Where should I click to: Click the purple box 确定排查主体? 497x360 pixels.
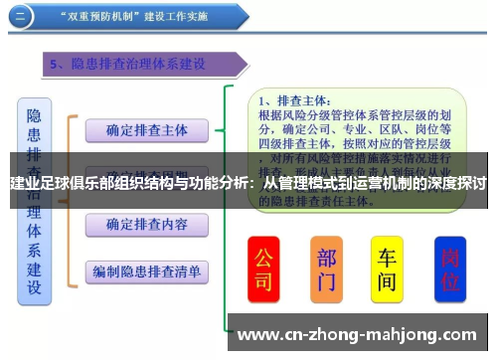click(x=146, y=130)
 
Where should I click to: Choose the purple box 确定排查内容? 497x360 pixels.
click(x=146, y=225)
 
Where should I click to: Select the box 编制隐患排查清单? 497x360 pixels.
click(x=146, y=270)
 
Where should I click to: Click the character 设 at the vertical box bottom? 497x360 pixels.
click(x=35, y=288)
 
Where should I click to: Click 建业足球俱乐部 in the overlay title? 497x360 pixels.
click(x=61, y=184)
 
